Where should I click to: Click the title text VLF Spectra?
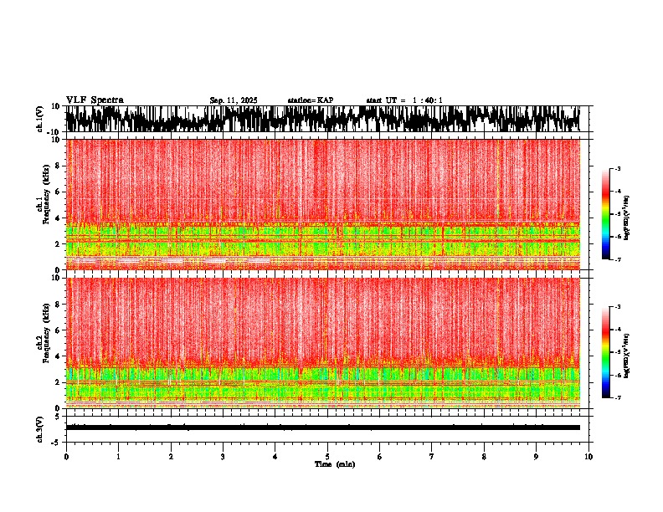coord(95,100)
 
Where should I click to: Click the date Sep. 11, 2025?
coord(234,100)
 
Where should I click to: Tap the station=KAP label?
coord(311,100)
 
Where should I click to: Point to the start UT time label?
coord(404,100)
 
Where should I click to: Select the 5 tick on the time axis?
coord(327,457)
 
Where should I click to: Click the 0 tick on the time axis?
coord(66,457)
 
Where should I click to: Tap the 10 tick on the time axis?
coord(588,457)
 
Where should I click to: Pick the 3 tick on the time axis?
coord(223,457)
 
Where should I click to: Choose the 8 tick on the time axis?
coord(484,457)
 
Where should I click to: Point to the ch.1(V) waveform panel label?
coord(40,119)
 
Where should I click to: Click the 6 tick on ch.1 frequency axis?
coord(58,192)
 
